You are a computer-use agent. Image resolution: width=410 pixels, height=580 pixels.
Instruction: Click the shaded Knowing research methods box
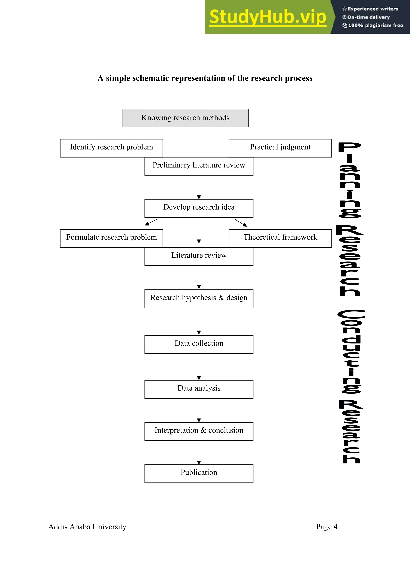click(x=185, y=118)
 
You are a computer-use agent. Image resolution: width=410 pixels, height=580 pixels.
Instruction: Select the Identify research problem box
click(x=111, y=148)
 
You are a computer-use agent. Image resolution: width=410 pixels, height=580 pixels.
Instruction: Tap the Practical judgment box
click(x=280, y=148)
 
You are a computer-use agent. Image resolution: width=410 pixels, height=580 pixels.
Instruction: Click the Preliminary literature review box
click(x=199, y=166)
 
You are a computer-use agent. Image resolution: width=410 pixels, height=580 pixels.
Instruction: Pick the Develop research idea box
click(x=199, y=208)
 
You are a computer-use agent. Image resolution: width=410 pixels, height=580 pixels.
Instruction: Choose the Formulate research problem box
click(x=111, y=238)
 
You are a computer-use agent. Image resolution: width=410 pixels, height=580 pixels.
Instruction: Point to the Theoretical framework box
click(x=280, y=238)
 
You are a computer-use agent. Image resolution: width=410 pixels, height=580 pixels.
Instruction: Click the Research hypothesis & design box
click(x=199, y=299)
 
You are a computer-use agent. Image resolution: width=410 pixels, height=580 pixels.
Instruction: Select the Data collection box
click(x=199, y=344)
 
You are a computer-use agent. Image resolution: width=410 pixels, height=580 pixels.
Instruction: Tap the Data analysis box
click(x=199, y=389)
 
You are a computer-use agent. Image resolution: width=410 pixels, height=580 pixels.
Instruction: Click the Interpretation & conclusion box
click(x=199, y=431)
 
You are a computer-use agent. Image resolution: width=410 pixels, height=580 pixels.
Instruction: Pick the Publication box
click(x=199, y=473)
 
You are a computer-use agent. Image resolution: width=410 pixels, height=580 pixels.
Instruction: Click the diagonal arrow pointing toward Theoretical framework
click(x=241, y=223)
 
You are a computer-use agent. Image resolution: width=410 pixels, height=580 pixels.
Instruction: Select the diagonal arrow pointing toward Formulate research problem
click(x=151, y=222)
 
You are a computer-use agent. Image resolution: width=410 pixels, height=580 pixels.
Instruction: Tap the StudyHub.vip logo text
click(x=267, y=17)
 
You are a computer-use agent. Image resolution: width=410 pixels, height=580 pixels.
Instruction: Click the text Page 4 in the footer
click(x=326, y=527)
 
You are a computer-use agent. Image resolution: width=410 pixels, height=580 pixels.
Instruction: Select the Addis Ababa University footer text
click(x=87, y=527)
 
